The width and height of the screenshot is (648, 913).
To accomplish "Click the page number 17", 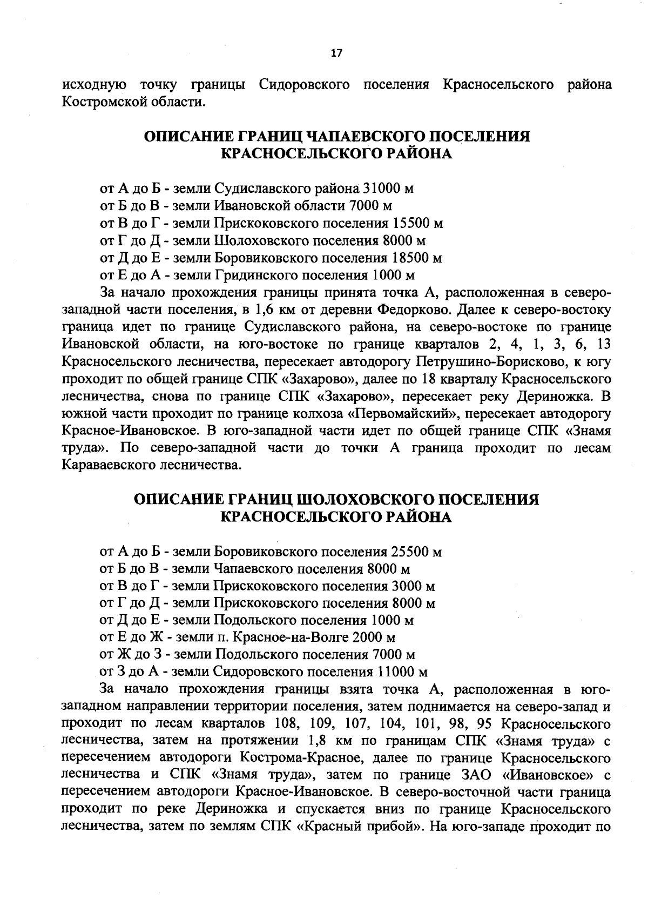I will pyautogui.click(x=336, y=53).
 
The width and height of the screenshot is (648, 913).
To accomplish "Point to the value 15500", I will pyautogui.click(x=411, y=223).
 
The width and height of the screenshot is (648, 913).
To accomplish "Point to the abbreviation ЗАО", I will pyautogui.click(x=476, y=776).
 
